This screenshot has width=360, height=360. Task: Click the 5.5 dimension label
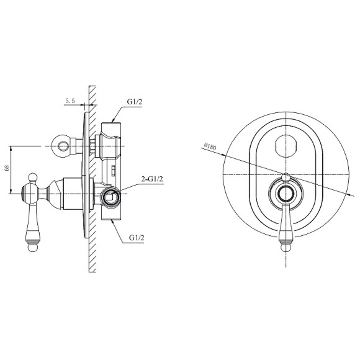70,101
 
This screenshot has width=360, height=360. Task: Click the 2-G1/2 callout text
152,179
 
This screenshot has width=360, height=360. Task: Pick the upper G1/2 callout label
135,102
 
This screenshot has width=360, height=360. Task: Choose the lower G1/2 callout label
137,238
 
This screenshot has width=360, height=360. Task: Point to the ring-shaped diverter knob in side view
61,146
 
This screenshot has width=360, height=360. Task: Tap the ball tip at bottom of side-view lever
34,248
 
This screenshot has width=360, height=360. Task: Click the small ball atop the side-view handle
33,178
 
